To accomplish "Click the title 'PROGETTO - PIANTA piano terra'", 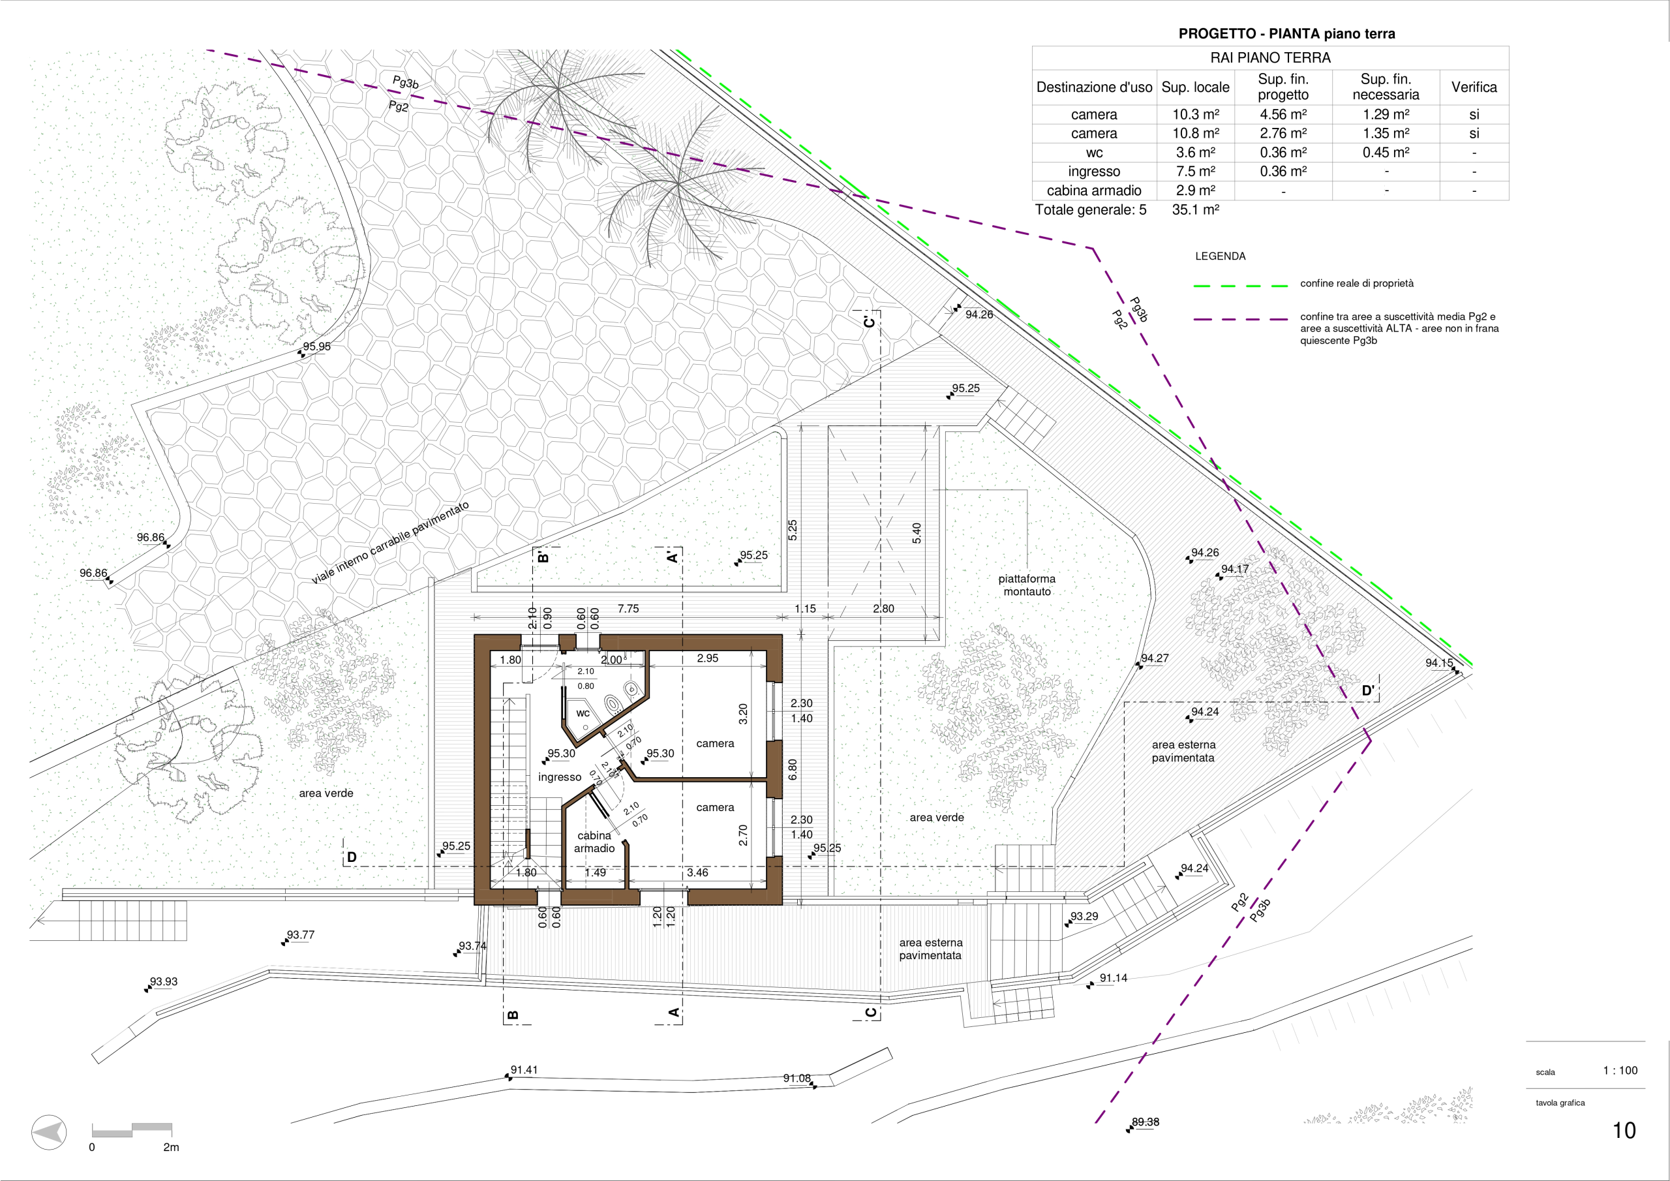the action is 1286,33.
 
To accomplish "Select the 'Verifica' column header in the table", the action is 1474,87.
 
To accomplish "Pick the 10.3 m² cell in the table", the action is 1195,114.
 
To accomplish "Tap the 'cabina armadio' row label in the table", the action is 1094,191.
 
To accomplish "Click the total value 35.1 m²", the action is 1195,209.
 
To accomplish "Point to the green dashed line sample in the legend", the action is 1241,286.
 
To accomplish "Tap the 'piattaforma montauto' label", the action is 1026,585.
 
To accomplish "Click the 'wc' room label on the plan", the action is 583,713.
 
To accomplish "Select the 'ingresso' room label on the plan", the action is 559,777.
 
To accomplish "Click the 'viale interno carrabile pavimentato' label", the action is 391,542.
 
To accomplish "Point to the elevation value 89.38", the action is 1145,1122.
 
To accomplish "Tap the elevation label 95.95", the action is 316,346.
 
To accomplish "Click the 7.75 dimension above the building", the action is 628,608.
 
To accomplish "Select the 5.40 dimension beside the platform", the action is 917,532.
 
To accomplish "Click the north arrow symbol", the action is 49,1133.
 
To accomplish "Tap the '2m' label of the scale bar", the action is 171,1148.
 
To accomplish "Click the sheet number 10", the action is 1624,1130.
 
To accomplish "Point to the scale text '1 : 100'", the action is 1620,1070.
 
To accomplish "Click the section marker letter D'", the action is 1368,690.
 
